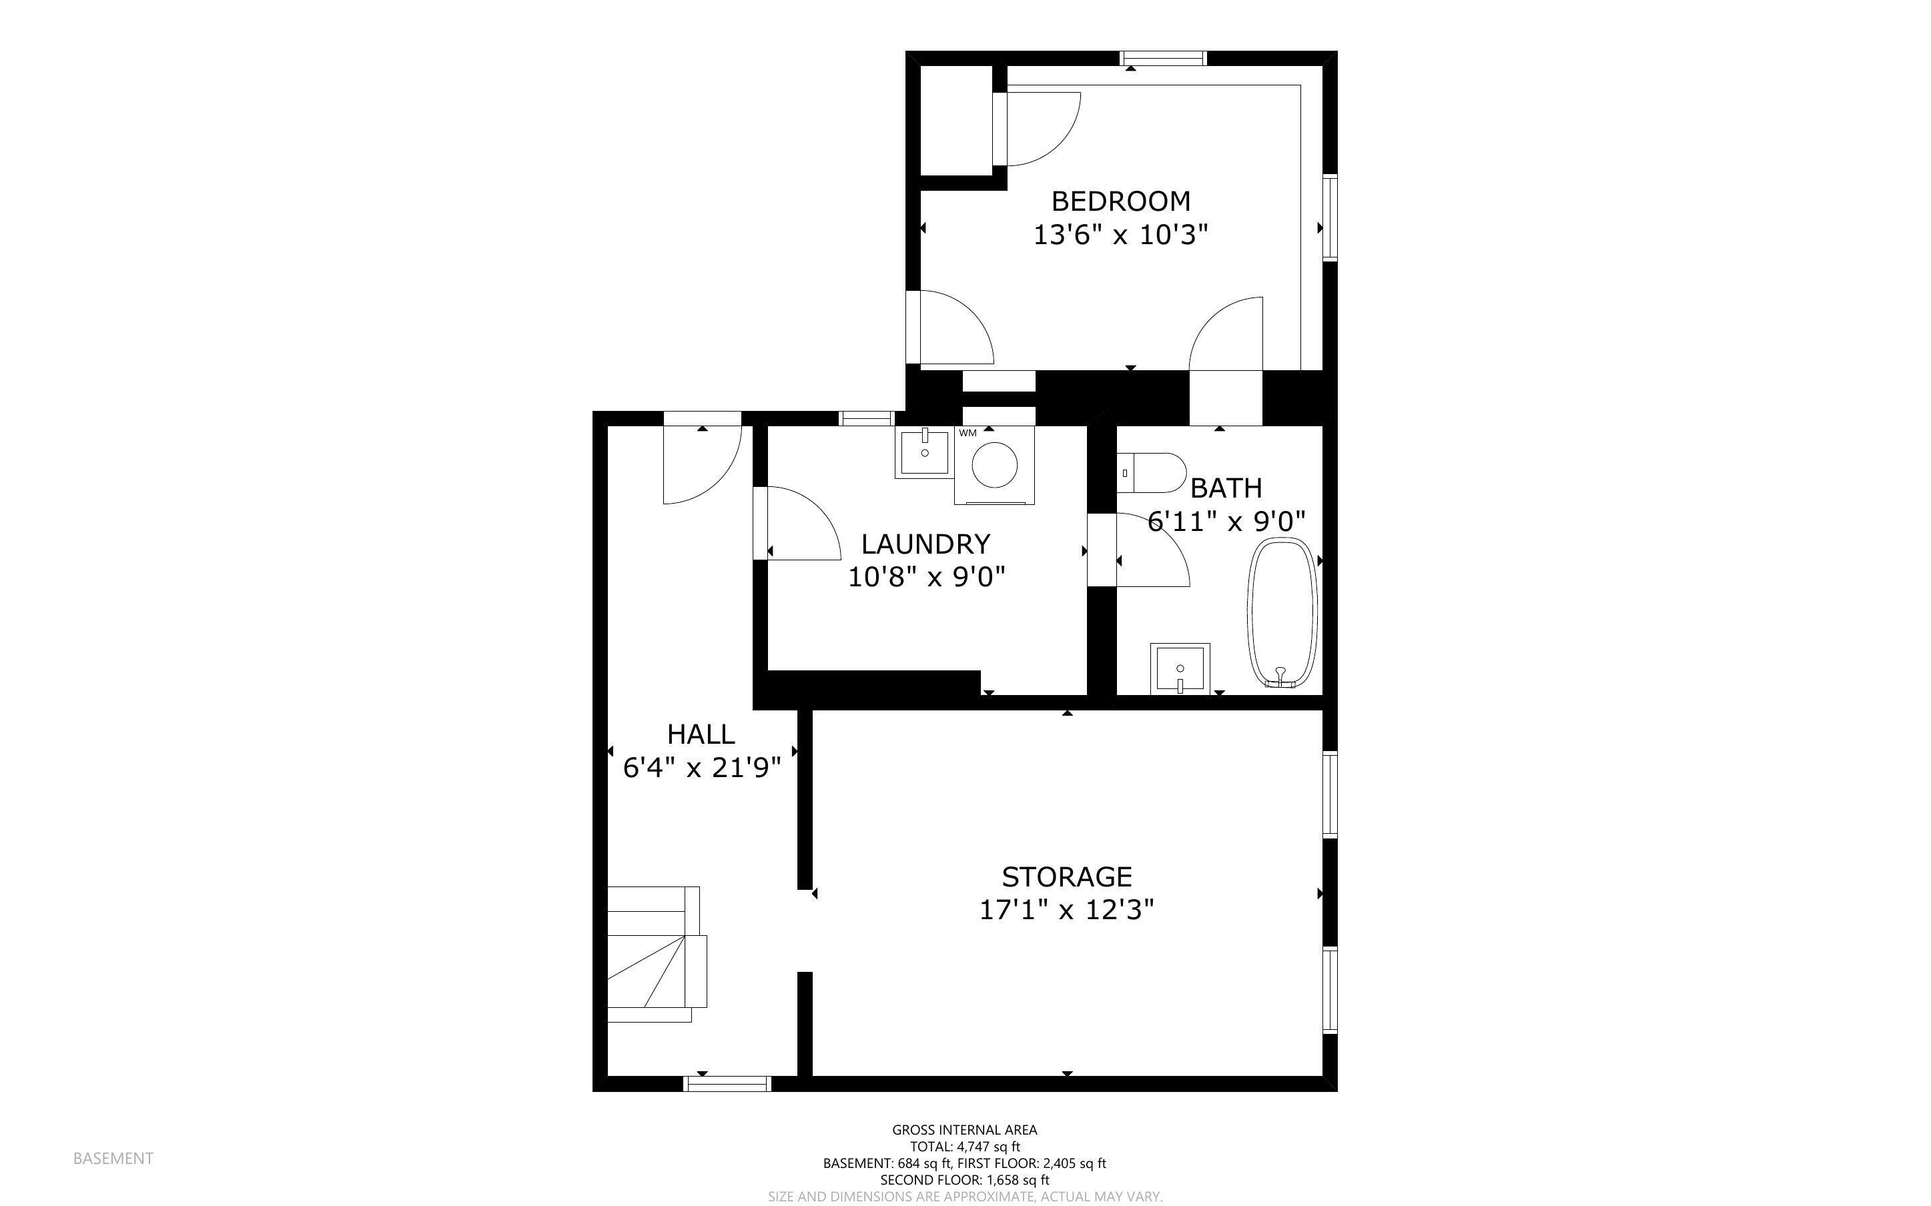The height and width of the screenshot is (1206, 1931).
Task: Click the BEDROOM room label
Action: click(x=1121, y=200)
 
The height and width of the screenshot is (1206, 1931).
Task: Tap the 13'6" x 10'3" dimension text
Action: click(x=1121, y=235)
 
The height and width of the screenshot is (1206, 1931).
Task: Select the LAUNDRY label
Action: click(x=925, y=544)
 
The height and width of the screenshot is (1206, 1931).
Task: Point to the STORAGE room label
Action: click(x=1067, y=876)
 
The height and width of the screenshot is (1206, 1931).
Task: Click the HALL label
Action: click(x=701, y=734)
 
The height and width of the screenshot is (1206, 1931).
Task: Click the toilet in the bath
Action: click(x=1151, y=473)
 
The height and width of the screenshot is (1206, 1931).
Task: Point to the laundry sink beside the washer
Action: click(x=924, y=453)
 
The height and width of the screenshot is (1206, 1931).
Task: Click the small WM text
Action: click(x=968, y=433)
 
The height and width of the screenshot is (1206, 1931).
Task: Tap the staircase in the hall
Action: click(x=657, y=954)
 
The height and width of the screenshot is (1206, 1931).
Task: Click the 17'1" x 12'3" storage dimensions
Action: click(x=1067, y=910)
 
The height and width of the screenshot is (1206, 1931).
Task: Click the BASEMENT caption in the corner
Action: click(x=113, y=1158)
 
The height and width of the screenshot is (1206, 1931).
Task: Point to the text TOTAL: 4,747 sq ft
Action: click(x=965, y=1147)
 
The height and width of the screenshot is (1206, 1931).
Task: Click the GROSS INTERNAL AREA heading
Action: click(x=965, y=1129)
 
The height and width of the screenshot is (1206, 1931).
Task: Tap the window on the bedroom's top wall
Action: click(x=1164, y=58)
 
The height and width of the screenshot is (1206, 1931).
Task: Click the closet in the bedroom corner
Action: click(x=956, y=121)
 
